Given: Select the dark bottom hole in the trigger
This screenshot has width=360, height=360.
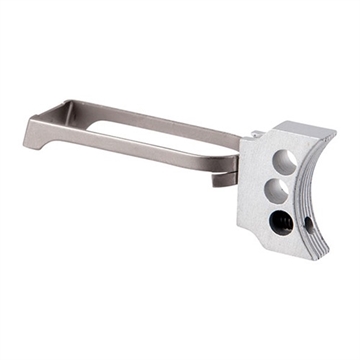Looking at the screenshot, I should click(x=281, y=222).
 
